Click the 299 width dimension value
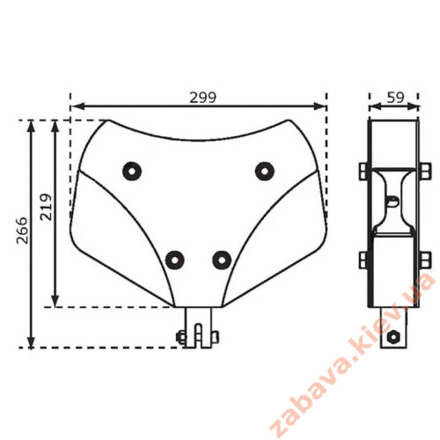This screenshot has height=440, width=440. (x=202, y=98)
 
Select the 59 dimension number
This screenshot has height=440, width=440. (x=395, y=98)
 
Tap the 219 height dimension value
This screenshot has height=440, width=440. (x=47, y=207)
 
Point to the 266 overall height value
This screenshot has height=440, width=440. (x=22, y=231)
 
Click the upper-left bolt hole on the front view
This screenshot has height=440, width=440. (x=132, y=171)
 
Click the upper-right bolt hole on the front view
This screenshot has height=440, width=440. (x=265, y=171)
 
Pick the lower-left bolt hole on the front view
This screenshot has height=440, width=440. (x=175, y=260)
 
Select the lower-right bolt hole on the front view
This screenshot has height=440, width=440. (x=222, y=260)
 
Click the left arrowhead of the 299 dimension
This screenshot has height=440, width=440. (x=77, y=106)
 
